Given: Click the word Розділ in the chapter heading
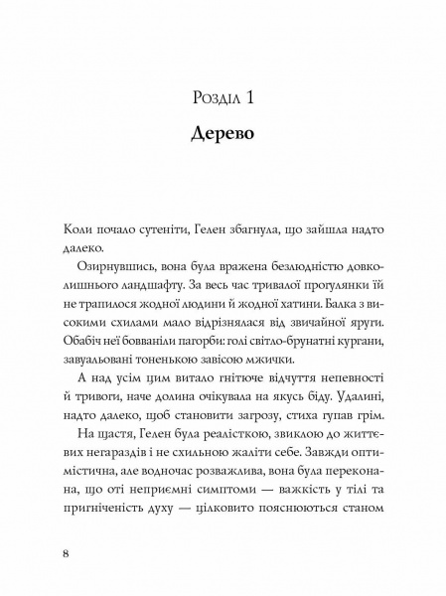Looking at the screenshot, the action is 211,96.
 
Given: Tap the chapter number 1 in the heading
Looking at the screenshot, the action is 252,96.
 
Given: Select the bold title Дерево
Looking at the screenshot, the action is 223,134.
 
